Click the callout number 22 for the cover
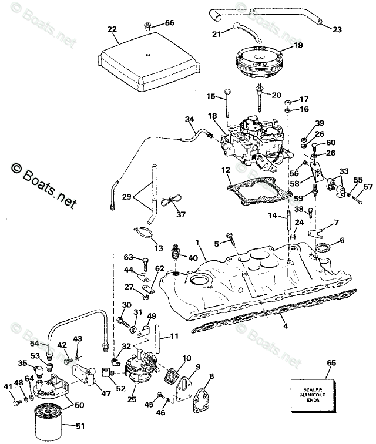(112, 29)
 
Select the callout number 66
(169, 23)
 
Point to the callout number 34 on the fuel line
(189, 120)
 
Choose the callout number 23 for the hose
(337, 29)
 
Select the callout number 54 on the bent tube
(35, 343)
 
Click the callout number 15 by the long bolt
(210, 96)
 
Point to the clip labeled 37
(171, 203)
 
